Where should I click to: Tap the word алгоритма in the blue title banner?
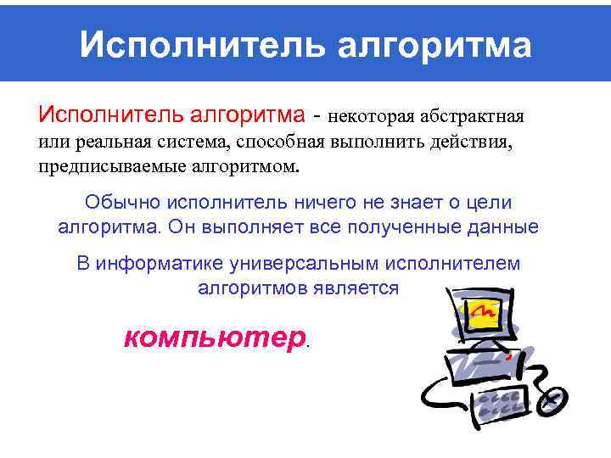pyautogui.click(x=434, y=45)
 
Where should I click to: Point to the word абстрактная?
pyautogui.click(x=474, y=114)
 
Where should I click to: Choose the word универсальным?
pyautogui.click(x=294, y=263)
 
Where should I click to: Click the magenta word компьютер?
pyautogui.click(x=213, y=338)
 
